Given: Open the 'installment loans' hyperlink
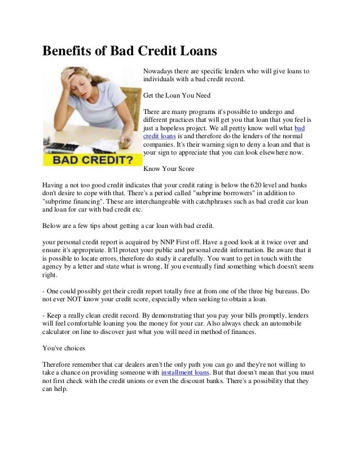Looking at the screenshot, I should tap(187, 373).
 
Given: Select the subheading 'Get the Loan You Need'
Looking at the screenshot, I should tap(175, 95).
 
